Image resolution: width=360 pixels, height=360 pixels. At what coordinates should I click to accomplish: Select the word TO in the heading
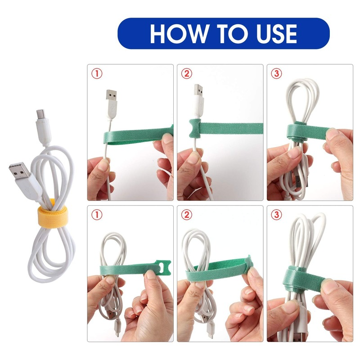pyautogui.click(x=221, y=34)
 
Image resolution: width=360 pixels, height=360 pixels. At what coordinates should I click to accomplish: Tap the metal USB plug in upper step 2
pyautogui.click(x=198, y=92)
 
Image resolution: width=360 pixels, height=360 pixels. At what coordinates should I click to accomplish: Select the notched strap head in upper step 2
pyautogui.click(x=194, y=129)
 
